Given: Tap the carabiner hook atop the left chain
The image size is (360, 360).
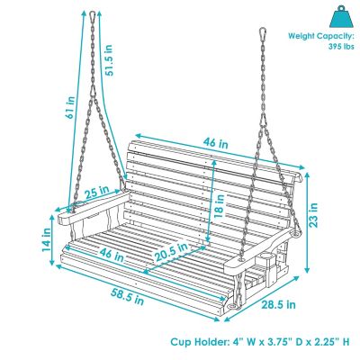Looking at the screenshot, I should pos(93,16).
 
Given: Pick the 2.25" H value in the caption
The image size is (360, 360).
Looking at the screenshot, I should pos(331,342).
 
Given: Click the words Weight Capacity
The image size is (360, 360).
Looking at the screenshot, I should pos(316,37).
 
